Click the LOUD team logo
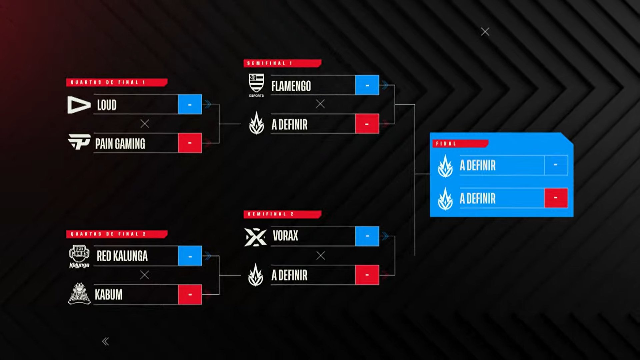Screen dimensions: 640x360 pyautogui.click(x=79, y=105)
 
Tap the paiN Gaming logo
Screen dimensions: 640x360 pyautogui.click(x=79, y=142)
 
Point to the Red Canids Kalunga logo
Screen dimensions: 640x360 pyautogui.click(x=79, y=256)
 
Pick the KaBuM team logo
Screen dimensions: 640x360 pyautogui.click(x=79, y=294)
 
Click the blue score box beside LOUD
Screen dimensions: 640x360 pyautogui.click(x=190, y=105)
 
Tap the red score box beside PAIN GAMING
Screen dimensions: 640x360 pyautogui.click(x=190, y=143)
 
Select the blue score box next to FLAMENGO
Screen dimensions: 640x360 pyautogui.click(x=367, y=85)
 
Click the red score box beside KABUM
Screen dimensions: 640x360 pyautogui.click(x=190, y=295)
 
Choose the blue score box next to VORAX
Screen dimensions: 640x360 pyautogui.click(x=367, y=236)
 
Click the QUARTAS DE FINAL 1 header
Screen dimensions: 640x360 pyautogui.click(x=116, y=82)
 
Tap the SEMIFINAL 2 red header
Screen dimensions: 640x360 pyautogui.click(x=282, y=214)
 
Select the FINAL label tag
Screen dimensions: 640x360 pyautogui.click(x=460, y=144)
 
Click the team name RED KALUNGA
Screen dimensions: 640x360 pyautogui.click(x=122, y=256)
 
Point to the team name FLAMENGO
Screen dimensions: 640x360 pyautogui.click(x=291, y=86)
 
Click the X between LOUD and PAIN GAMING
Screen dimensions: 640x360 pyautogui.click(x=145, y=124)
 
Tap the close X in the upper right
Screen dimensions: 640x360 pyautogui.click(x=485, y=32)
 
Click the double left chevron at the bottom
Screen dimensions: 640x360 pyautogui.click(x=105, y=341)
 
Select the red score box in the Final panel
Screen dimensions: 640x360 pyautogui.click(x=556, y=198)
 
